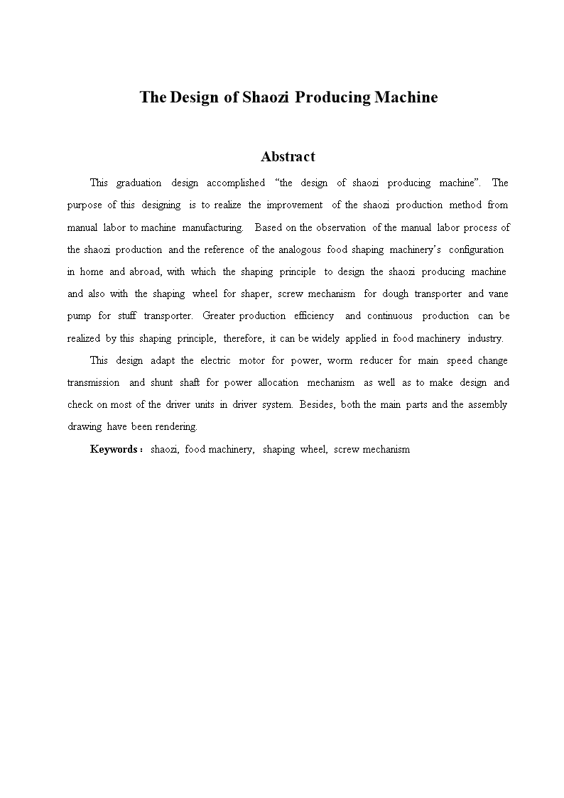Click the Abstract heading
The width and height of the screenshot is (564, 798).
(x=288, y=156)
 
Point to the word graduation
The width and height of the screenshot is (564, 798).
(x=139, y=183)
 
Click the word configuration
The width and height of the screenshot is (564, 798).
(x=476, y=249)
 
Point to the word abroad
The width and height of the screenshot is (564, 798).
(x=146, y=271)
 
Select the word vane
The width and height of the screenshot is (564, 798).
(x=499, y=293)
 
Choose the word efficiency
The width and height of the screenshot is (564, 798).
(x=314, y=316)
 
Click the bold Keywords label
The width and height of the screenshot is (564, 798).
(x=114, y=449)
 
